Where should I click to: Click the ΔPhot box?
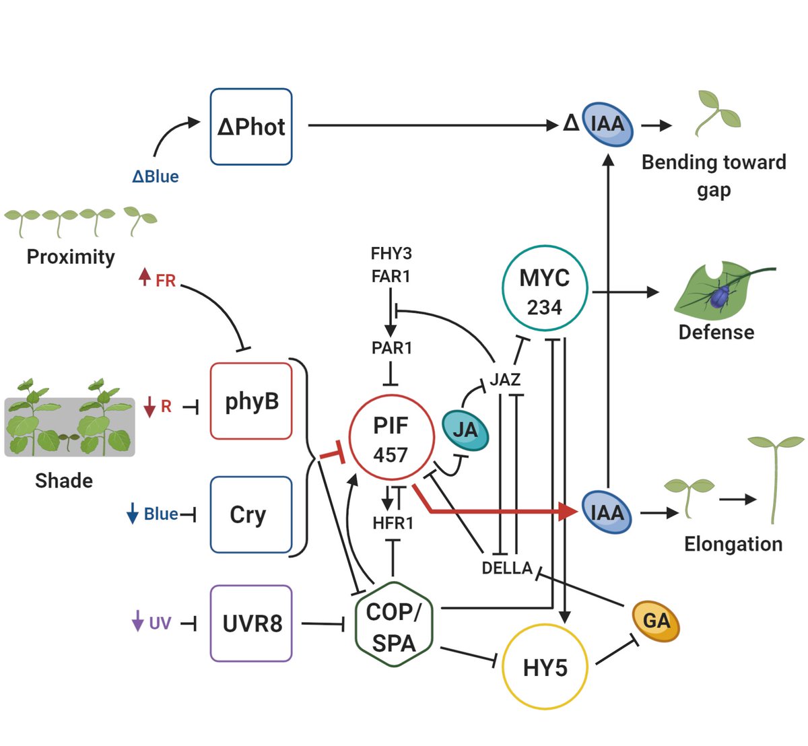click(x=250, y=127)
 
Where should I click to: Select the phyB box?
click(x=250, y=401)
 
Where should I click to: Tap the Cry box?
click(x=250, y=514)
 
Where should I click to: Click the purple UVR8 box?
click(x=250, y=623)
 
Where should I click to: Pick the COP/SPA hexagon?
click(x=394, y=627)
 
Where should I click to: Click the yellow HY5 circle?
click(x=545, y=667)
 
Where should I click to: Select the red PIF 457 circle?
click(x=391, y=439)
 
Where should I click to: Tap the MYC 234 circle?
click(x=545, y=291)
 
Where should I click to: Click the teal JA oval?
click(x=465, y=430)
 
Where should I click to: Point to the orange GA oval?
click(x=656, y=621)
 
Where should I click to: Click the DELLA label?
click(x=507, y=568)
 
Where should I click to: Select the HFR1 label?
click(x=393, y=523)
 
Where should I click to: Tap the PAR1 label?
click(x=392, y=348)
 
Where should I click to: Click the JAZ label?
click(x=505, y=380)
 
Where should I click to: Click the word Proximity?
click(x=71, y=257)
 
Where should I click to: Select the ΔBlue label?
click(x=156, y=176)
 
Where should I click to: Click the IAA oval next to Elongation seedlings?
click(x=607, y=512)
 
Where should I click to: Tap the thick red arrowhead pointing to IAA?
click(x=568, y=512)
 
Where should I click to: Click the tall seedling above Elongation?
click(x=776, y=478)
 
